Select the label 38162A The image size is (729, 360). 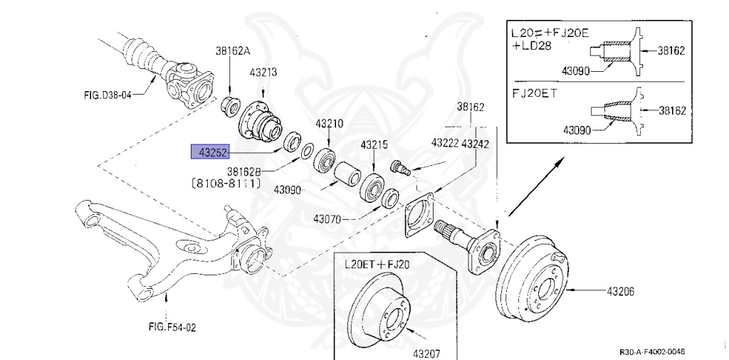click(233, 51)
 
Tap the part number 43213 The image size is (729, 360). click(263, 72)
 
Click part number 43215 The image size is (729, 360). click(373, 144)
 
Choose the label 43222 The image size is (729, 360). click(444, 143)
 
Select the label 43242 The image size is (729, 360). click(475, 143)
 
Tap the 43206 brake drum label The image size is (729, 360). click(621, 291)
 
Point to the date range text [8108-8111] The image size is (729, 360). click(226, 184)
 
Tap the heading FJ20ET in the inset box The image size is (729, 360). click(535, 93)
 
